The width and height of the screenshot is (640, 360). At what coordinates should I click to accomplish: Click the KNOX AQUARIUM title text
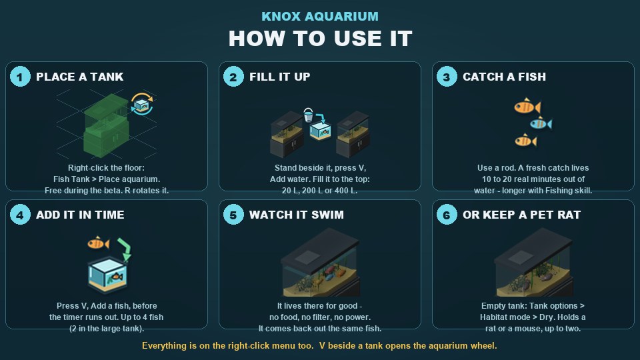320,16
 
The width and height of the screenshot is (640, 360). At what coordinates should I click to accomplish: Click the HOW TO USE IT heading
321,39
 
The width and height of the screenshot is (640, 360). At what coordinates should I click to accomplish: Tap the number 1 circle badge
20,76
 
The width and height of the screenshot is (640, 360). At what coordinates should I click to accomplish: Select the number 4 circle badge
20,214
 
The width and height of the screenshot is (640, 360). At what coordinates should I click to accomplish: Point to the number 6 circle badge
447,214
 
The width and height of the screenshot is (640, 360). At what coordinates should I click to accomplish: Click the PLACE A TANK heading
79,77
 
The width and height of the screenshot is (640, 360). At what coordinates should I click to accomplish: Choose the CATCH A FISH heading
504,77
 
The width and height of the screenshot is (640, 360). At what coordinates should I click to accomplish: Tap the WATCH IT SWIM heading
296,215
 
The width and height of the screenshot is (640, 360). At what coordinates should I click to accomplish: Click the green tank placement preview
106,125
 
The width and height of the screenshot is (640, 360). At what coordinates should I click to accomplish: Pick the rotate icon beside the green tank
142,104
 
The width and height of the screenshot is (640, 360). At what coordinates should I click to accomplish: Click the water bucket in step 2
308,115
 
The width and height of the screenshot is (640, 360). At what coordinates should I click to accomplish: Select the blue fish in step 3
541,123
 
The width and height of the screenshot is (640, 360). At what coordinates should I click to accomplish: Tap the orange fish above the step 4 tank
99,243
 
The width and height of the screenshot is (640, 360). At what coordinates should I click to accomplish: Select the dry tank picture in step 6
533,262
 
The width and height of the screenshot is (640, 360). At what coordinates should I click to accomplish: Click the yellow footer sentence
319,346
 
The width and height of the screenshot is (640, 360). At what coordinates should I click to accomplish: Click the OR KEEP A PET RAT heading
521,215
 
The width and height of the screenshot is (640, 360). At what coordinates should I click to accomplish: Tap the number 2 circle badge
233,76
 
